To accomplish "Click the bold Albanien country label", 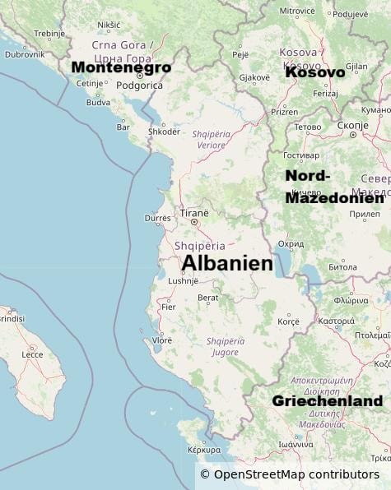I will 227,263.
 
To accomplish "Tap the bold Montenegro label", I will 121,67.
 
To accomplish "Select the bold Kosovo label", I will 314,72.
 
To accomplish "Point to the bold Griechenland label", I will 327,401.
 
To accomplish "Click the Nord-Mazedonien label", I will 333,187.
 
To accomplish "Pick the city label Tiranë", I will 194,213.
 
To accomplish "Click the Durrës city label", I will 158,218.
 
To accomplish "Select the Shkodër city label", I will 164,132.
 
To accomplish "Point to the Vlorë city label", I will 162,340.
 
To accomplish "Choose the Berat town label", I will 208,298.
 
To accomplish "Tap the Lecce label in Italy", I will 32,354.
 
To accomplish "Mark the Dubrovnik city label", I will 25,54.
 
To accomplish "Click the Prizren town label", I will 285,112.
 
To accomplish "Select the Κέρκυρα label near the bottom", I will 204,450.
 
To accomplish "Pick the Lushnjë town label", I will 183,280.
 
